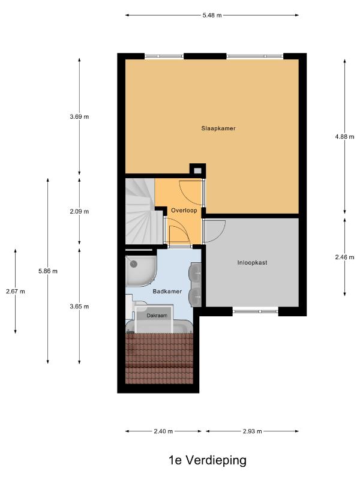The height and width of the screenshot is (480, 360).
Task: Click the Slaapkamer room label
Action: click(x=218, y=128)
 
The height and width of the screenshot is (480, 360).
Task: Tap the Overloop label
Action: click(x=184, y=211)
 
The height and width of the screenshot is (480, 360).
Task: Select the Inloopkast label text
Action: click(x=252, y=262)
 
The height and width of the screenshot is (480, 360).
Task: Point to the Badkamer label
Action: click(x=167, y=292)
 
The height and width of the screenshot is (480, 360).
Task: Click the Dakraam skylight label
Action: click(x=157, y=316)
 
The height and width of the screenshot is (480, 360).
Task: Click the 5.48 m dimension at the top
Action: click(x=212, y=15)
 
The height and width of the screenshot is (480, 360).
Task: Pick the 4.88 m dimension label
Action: click(x=344, y=137)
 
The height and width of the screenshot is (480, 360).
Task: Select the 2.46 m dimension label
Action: click(x=344, y=257)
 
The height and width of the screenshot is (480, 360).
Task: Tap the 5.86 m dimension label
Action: click(x=48, y=271)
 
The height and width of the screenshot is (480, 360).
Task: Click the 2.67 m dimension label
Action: click(x=16, y=292)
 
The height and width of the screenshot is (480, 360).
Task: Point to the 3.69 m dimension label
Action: click(x=79, y=116)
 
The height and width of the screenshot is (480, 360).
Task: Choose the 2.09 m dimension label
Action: click(x=79, y=211)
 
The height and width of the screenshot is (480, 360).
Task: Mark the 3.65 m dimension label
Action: click(x=79, y=307)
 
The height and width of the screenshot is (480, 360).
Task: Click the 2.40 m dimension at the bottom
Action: click(x=163, y=431)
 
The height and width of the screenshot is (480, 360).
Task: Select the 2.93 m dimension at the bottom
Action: click(x=252, y=431)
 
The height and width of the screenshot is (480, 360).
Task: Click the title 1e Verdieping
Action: click(x=208, y=460)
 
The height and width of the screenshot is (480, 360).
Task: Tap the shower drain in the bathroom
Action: click(x=133, y=263)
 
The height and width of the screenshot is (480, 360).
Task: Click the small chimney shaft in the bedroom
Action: click(x=198, y=170)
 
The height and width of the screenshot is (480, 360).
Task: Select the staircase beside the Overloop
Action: click(x=144, y=211)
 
